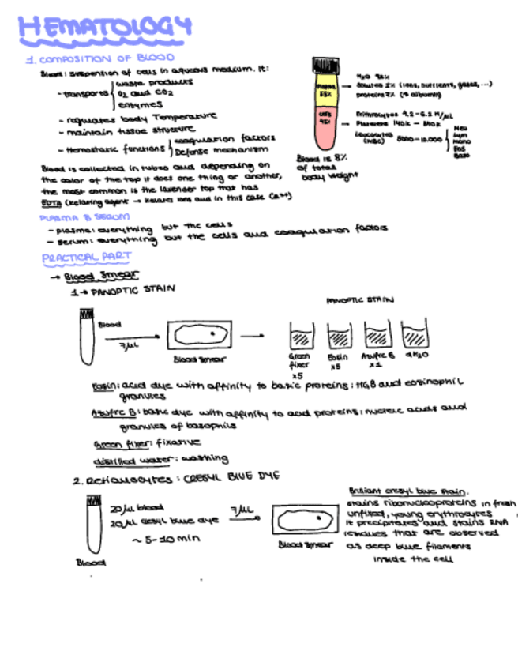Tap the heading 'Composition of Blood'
coord(101,59)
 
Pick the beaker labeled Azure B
coord(377,336)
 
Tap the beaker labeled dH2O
coord(415,336)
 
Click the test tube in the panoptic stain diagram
coord(87,337)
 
